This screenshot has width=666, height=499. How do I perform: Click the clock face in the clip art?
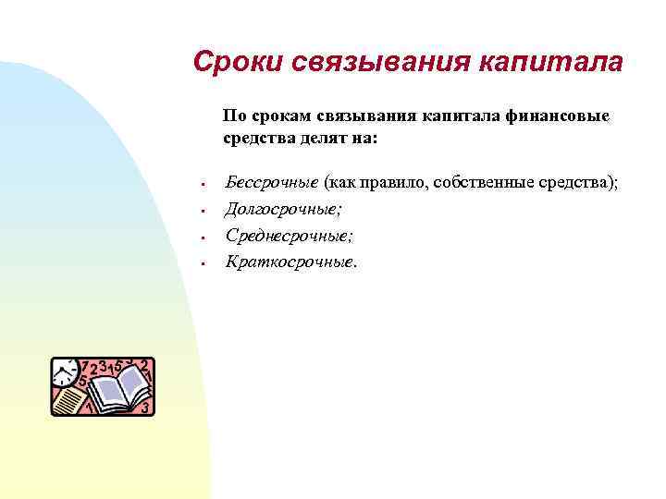tap(65, 371)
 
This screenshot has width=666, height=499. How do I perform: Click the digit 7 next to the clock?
tap(85, 366)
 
